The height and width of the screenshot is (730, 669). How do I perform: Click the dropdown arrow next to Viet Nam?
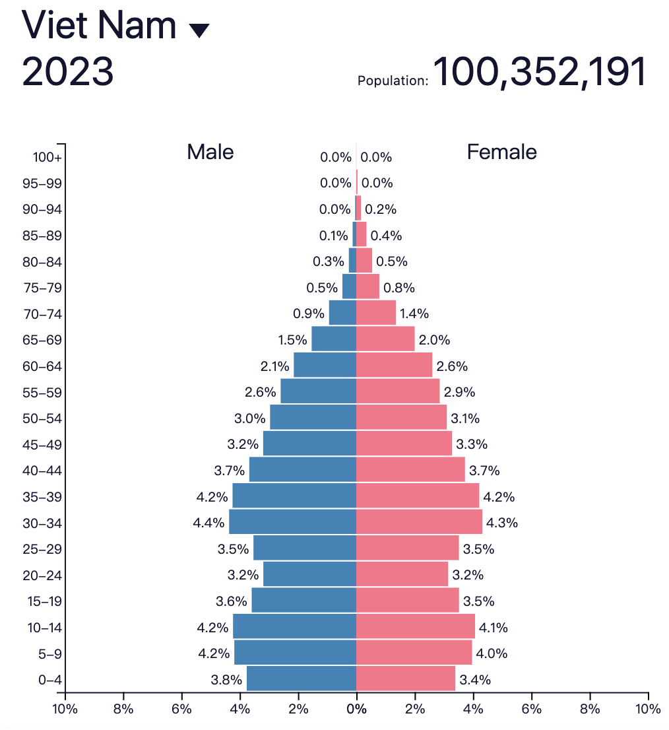click(199, 30)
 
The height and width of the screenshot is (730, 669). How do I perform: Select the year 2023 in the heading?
click(68, 71)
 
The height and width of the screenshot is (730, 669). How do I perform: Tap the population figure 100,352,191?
click(538, 72)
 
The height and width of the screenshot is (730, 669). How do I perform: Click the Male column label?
click(210, 152)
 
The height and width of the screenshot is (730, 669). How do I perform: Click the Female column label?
click(501, 152)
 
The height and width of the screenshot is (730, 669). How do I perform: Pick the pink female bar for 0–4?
click(405, 679)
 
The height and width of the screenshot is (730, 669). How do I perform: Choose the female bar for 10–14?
click(415, 626)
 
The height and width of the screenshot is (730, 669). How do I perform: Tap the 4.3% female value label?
click(502, 523)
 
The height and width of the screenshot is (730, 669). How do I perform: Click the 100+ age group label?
click(48, 158)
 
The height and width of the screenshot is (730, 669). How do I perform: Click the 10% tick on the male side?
click(65, 710)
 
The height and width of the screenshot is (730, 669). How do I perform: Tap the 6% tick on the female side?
click(531, 710)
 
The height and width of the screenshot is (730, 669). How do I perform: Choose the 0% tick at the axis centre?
click(356, 710)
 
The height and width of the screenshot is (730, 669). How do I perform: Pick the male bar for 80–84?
click(352, 260)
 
